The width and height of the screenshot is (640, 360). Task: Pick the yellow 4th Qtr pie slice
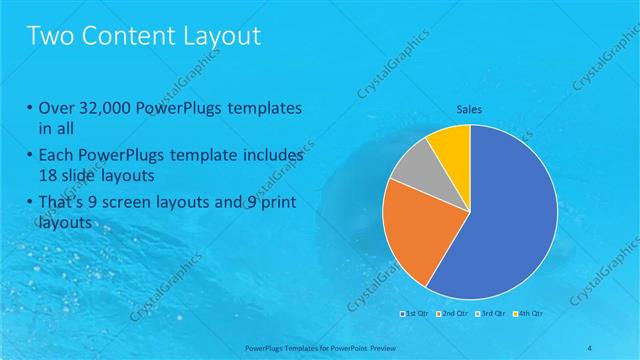click(450, 145)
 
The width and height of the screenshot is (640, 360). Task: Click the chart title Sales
click(470, 109)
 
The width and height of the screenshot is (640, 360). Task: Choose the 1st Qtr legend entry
click(416, 314)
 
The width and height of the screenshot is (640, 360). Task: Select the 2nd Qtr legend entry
click(451, 314)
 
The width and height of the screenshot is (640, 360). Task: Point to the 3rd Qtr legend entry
click(487, 314)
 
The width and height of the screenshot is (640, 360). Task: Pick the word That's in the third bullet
click(59, 204)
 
